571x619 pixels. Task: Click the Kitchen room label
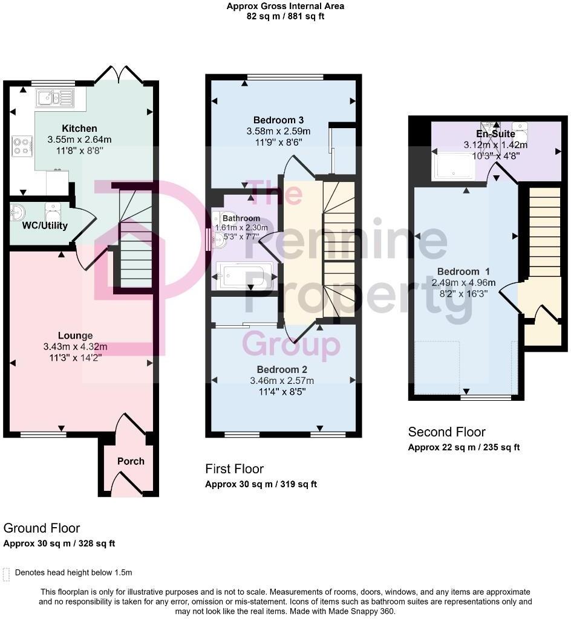click(79, 128)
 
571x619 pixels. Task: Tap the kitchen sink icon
click(53, 97)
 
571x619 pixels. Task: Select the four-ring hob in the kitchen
click(21, 145)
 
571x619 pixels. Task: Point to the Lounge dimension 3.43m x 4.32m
click(75, 346)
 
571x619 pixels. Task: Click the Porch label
click(131, 461)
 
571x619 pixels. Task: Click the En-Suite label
click(495, 134)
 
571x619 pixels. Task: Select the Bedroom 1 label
click(465, 271)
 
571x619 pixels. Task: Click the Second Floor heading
click(446, 432)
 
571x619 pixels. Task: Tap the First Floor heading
click(234, 468)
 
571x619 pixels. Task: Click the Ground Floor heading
click(42, 528)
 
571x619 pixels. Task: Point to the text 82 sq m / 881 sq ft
click(285, 17)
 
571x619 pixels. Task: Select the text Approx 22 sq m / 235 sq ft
click(464, 447)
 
